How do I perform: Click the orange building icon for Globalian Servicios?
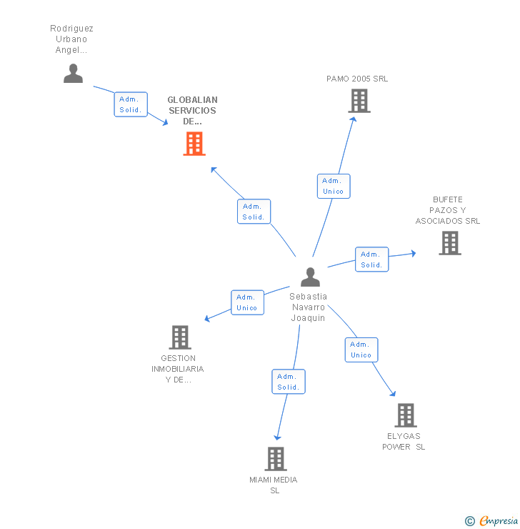[x=194, y=144]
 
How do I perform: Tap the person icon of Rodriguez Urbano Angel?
[x=73, y=73]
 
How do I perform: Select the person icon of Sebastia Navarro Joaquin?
[x=310, y=277]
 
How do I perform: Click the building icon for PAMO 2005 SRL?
[x=359, y=101]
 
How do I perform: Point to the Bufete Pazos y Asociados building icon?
[x=450, y=243]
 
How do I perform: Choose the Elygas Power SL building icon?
[x=406, y=415]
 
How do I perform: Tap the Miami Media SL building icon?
[x=276, y=459]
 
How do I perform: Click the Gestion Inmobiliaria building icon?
[x=180, y=337]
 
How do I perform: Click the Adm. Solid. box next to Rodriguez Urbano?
[x=131, y=104]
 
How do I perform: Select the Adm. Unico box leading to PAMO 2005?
[x=334, y=186]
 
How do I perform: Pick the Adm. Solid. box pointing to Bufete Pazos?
[x=371, y=259]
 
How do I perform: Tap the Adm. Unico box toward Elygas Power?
[x=361, y=350]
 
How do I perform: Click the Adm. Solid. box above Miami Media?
[x=289, y=381]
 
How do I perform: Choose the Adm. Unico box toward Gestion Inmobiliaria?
[x=247, y=302]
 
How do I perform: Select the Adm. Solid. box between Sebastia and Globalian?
[x=254, y=211]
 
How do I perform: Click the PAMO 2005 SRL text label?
[x=357, y=79]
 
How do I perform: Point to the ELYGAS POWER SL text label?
[x=404, y=441]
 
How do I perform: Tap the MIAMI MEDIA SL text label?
[x=274, y=485]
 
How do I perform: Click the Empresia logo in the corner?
[x=491, y=520]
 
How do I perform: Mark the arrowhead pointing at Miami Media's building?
[x=277, y=437]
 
